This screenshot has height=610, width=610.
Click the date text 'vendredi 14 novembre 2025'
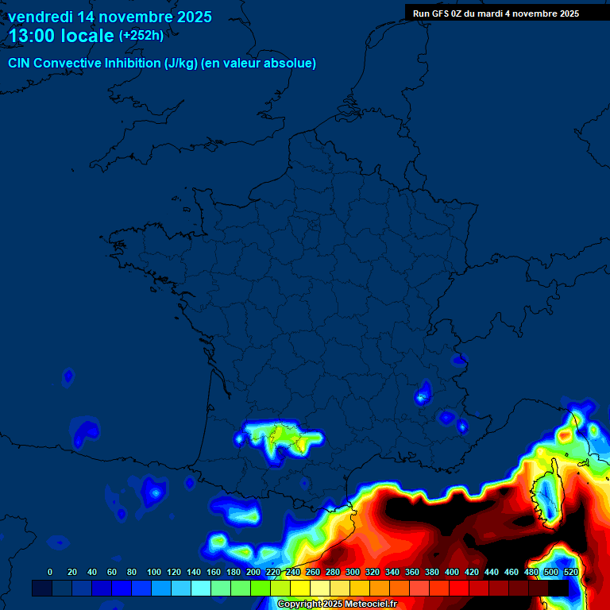pyautogui.click(x=110, y=17)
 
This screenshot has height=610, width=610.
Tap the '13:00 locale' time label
pyautogui.click(x=61, y=36)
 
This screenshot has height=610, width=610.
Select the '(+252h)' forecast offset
pyautogui.click(x=141, y=36)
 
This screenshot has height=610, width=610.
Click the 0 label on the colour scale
pyautogui.click(x=50, y=572)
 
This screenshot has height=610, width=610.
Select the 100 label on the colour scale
pyautogui.click(x=154, y=572)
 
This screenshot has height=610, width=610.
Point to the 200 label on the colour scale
pyautogui.click(x=253, y=572)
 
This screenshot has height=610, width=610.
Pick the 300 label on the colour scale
pyautogui.click(x=353, y=572)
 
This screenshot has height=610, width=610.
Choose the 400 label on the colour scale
pyautogui.click(x=452, y=572)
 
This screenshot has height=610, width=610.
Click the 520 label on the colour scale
pyautogui.click(x=570, y=572)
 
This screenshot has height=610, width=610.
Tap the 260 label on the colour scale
pyautogui.click(x=313, y=572)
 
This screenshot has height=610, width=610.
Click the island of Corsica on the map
pyautogui.click(x=546, y=496)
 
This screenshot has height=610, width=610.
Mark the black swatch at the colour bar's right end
pyautogui.click(x=558, y=588)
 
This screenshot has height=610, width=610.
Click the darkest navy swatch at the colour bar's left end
pyautogui.click(x=42, y=588)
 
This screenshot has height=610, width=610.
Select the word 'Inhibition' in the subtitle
pyautogui.click(x=133, y=64)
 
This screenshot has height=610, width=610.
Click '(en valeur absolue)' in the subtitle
pyautogui.click(x=259, y=64)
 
